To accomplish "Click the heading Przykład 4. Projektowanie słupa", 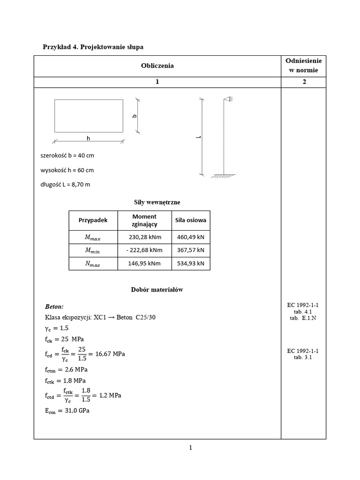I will point(93,47).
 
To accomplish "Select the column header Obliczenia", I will point(157,66).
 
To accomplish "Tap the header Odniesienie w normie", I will point(304,66).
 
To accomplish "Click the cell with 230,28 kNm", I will point(144,237).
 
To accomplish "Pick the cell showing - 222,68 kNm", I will point(144,250).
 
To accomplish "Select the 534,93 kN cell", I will point(191,263).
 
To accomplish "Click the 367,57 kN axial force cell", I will point(191,250).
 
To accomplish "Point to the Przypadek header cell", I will point(93,220).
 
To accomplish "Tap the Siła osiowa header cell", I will point(191,220).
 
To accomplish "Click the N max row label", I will point(93,264).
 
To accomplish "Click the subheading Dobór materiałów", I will point(157,290).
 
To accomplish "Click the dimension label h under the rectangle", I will point(88,139).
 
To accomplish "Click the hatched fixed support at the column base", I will point(224,176).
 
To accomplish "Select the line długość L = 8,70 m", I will point(66,184).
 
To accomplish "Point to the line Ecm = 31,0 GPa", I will point(67,411).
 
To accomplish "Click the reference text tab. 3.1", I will point(304,357).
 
